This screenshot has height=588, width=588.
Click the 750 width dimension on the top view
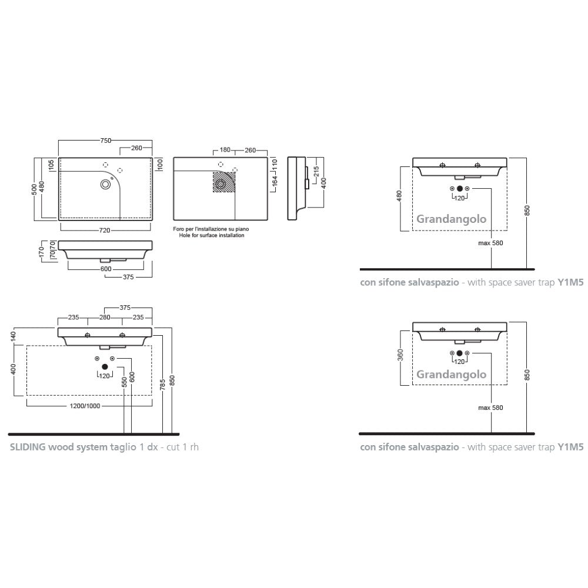[x=106, y=141]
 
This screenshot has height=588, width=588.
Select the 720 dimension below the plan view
[x=105, y=230]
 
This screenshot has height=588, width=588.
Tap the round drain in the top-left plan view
[x=106, y=184]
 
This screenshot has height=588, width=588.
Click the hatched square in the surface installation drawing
[x=224, y=182]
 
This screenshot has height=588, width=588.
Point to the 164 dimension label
[x=275, y=181]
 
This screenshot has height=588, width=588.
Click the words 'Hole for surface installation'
[x=212, y=236]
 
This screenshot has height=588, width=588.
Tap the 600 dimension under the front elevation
[x=106, y=269]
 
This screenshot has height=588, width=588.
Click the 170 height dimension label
[x=42, y=252]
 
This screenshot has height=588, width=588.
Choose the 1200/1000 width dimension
[x=85, y=406]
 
